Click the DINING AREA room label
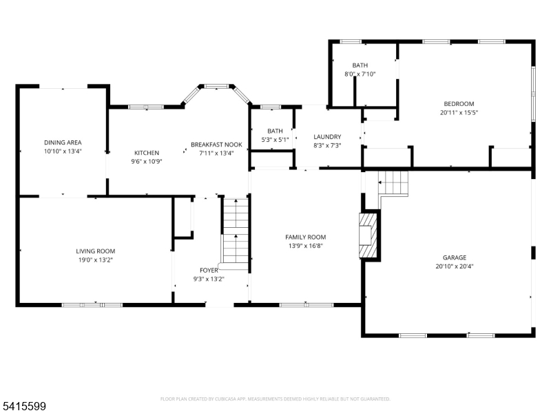tap(63, 142)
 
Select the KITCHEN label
tap(146, 153)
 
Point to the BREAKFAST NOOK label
tap(216, 145)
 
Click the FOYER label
tap(209, 271)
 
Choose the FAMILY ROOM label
tap(305, 237)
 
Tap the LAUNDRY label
tap(327, 136)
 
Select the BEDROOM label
tap(458, 103)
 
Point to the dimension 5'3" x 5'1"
tap(275, 139)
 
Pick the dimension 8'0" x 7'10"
tap(360, 74)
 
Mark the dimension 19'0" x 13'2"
tap(95, 260)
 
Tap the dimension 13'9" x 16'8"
tap(305, 245)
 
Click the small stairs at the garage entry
tap(393, 183)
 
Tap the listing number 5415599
tap(23, 407)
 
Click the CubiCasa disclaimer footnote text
tap(275, 399)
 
